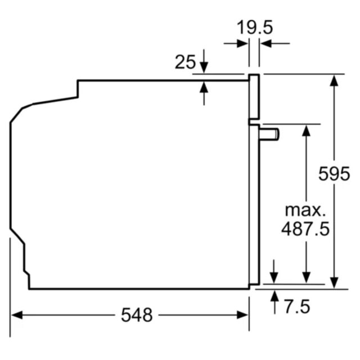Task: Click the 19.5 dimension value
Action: click(x=255, y=28)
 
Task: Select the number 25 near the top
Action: click(x=185, y=62)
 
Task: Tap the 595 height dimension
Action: click(x=334, y=174)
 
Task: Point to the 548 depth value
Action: click(x=137, y=315)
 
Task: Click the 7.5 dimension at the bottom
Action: click(x=298, y=306)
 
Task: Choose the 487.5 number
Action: click(x=305, y=229)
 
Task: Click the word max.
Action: click(x=305, y=210)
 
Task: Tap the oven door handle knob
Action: click(x=269, y=134)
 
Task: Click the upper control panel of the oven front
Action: click(x=254, y=97)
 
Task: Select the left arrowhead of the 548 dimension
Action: click(x=17, y=315)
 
